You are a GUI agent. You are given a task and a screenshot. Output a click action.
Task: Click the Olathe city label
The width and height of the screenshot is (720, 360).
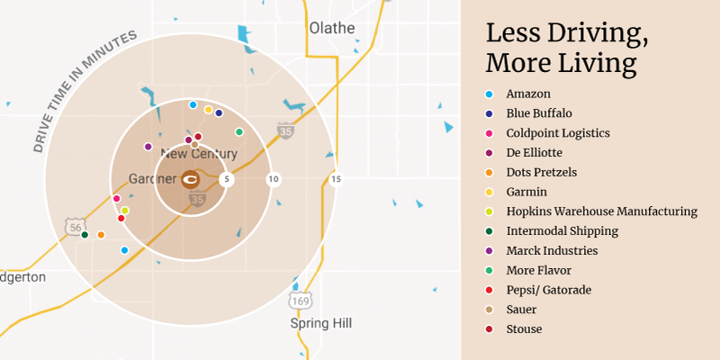coord(332,28)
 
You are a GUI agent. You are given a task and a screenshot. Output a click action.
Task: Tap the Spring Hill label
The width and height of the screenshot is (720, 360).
coord(321,323)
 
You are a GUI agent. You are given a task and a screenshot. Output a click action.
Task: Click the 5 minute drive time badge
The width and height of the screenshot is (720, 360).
coord(227,179)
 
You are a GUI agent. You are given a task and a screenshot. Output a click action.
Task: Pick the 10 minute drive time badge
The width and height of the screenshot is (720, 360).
coord(273,179)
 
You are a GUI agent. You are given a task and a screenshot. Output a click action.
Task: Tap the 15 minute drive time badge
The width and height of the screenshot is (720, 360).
coord(336,179)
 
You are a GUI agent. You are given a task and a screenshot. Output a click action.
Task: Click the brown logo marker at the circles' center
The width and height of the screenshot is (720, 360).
coord(191,179)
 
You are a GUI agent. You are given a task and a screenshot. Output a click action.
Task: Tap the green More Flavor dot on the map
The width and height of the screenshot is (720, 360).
coord(238,132)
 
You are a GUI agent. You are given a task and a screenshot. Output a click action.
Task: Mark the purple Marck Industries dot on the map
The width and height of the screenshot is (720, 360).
coord(148,146)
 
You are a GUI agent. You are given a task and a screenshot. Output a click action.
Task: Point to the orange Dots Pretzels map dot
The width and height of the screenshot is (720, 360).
coord(101,235)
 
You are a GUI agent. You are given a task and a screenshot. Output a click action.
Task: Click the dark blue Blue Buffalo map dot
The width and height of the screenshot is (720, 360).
coord(219,113)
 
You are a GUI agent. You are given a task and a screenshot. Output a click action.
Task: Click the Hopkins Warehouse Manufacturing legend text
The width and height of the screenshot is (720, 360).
coord(601,211)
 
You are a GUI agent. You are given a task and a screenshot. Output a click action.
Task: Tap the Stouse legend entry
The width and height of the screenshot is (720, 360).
coord(524,328)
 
